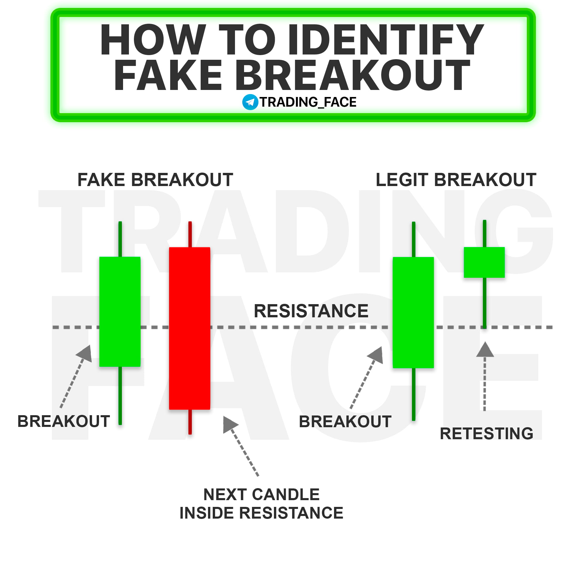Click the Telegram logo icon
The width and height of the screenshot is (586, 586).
tap(250, 102)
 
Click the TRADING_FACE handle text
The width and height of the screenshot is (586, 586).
tap(308, 102)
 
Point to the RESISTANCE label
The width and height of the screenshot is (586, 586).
tap(311, 311)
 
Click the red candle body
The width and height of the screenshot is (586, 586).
tap(190, 328)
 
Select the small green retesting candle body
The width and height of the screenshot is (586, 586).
tap(484, 262)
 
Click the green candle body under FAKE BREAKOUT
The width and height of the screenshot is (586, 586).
tap(120, 311)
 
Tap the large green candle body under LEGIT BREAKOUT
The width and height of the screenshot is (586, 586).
tap(413, 312)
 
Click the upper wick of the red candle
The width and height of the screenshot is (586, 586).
tap(190, 234)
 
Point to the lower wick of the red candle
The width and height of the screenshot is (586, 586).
tap(190, 422)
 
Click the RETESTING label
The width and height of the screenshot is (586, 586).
tap(486, 433)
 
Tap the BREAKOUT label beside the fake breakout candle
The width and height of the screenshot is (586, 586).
tap(64, 421)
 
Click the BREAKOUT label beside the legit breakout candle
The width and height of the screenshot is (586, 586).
tap(345, 422)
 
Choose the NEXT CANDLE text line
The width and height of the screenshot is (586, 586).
tap(261, 495)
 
